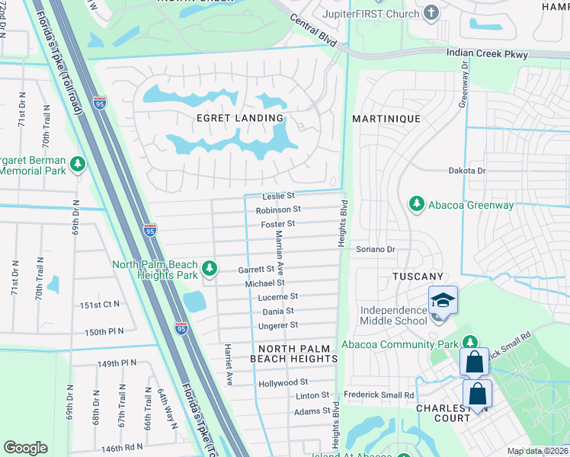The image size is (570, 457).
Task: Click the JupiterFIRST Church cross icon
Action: [x=432, y=13]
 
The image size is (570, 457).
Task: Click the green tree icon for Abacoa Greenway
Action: [x=416, y=203]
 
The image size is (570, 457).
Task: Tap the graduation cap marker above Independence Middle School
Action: [x=442, y=300]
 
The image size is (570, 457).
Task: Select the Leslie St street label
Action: [x=278, y=196]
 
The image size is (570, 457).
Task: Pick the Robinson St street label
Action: [x=278, y=209]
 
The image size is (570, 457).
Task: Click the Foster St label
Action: [x=278, y=224]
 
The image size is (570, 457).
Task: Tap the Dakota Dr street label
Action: [x=466, y=171]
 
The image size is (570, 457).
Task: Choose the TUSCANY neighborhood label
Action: [x=418, y=276]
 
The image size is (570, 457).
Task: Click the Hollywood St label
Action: [x=283, y=382]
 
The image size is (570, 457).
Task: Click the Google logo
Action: [x=25, y=448]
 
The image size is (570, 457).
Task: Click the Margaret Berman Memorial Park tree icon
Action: [x=77, y=165]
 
